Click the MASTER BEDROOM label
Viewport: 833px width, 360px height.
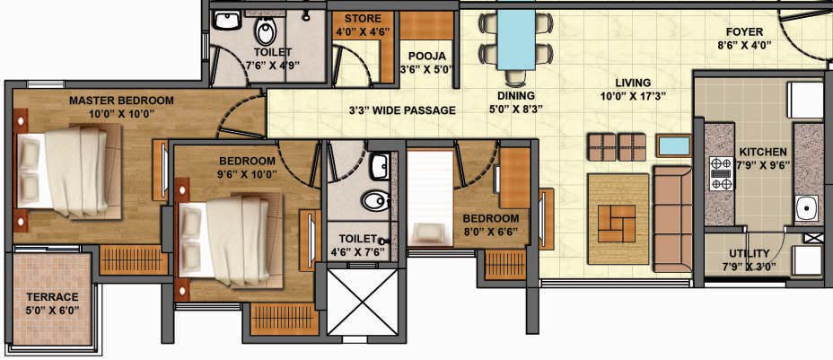(121, 101)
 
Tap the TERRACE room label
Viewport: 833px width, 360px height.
(53, 297)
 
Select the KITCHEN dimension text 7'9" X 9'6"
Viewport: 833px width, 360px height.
(762, 165)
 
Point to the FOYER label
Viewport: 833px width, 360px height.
(744, 32)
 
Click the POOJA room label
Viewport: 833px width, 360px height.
(426, 57)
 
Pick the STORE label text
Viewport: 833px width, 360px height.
(363, 20)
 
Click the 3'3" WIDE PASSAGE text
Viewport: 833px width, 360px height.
(402, 110)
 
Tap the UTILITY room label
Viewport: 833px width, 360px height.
(749, 253)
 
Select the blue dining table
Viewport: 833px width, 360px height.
(516, 40)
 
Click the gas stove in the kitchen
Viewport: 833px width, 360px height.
(722, 172)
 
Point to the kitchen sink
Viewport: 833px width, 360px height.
(808, 208)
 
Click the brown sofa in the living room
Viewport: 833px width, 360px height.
(672, 218)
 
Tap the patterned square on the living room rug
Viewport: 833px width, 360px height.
(617, 223)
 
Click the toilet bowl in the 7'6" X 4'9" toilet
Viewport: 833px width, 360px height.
(265, 31)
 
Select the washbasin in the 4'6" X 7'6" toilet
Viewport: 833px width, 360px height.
(381, 167)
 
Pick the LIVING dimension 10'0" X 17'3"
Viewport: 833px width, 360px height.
(633, 96)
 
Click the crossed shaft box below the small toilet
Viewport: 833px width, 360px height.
(362, 302)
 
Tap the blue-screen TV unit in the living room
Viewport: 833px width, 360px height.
(673, 145)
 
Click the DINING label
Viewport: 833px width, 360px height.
(516, 96)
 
